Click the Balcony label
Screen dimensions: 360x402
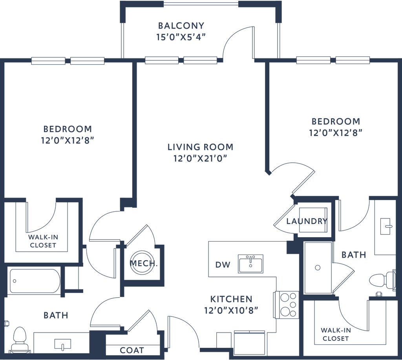[x=181, y=26]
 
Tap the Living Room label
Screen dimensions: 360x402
[x=200, y=147]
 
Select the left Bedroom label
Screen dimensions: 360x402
[x=68, y=129]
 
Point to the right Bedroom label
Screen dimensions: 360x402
[x=336, y=121]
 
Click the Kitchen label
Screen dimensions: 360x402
[x=231, y=299]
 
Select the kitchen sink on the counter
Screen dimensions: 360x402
[x=250, y=262]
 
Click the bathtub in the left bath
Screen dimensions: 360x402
[x=35, y=281]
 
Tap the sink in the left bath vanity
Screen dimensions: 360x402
[x=63, y=344]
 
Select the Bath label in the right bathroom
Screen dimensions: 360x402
[x=354, y=255]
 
